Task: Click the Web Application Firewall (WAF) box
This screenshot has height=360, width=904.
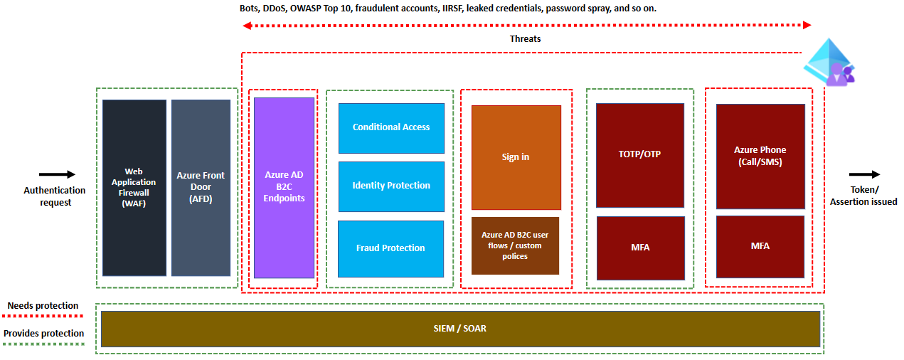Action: [x=134, y=188]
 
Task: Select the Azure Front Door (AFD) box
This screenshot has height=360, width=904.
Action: [x=201, y=188]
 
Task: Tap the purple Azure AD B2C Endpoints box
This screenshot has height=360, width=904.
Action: [x=284, y=188]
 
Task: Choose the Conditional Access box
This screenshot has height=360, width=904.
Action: [x=391, y=128]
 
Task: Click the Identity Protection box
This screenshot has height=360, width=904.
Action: [x=391, y=186]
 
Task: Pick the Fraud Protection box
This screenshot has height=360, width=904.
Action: [x=390, y=248]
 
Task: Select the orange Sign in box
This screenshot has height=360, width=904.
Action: [x=516, y=157]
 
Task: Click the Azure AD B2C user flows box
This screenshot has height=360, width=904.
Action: [x=515, y=245]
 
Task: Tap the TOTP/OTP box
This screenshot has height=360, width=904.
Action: [x=639, y=155]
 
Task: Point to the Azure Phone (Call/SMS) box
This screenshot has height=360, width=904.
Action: [x=760, y=157]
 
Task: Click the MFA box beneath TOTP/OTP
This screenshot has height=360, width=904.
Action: [x=640, y=248]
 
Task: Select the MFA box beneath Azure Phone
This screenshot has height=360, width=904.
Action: [x=760, y=246]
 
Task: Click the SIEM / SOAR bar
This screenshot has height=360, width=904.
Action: [x=460, y=329]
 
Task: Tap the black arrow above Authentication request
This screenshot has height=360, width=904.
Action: [x=57, y=174]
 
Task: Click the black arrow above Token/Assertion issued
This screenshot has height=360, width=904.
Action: [x=864, y=174]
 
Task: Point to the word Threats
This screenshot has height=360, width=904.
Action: [x=525, y=39]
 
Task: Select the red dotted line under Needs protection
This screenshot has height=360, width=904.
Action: [x=43, y=315]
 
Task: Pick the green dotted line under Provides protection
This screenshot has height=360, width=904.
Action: [x=43, y=343]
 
